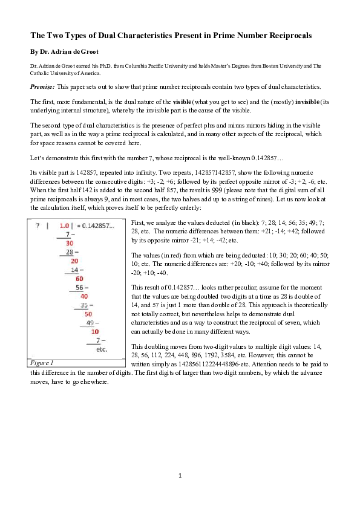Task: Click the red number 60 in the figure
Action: tap(79, 279)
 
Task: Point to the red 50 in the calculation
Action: tap(88, 314)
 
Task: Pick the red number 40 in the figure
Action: tap(84, 296)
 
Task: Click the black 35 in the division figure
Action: tap(85, 305)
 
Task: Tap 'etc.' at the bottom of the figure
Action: tap(102, 349)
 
